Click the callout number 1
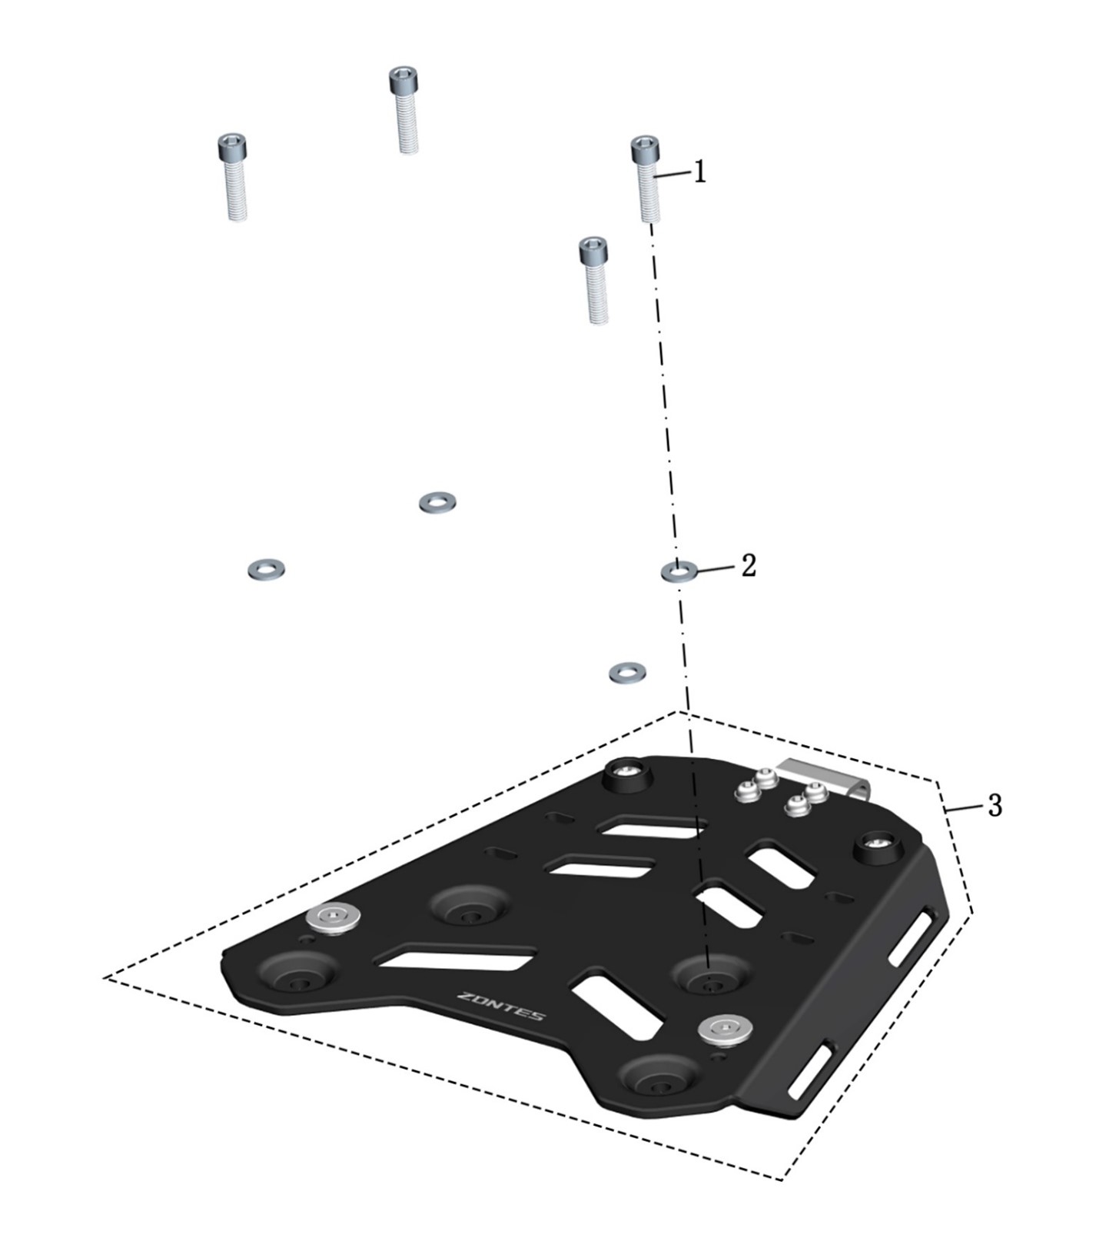tap(699, 172)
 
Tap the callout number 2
tap(749, 566)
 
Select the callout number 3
tap(995, 805)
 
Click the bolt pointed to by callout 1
tap(648, 178)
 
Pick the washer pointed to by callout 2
tap(680, 571)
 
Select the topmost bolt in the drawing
tap(405, 109)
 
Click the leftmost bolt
tap(234, 177)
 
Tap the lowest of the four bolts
tap(594, 279)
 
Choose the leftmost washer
tap(267, 570)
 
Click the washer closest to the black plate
tap(627, 674)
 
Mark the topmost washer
tap(437, 503)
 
